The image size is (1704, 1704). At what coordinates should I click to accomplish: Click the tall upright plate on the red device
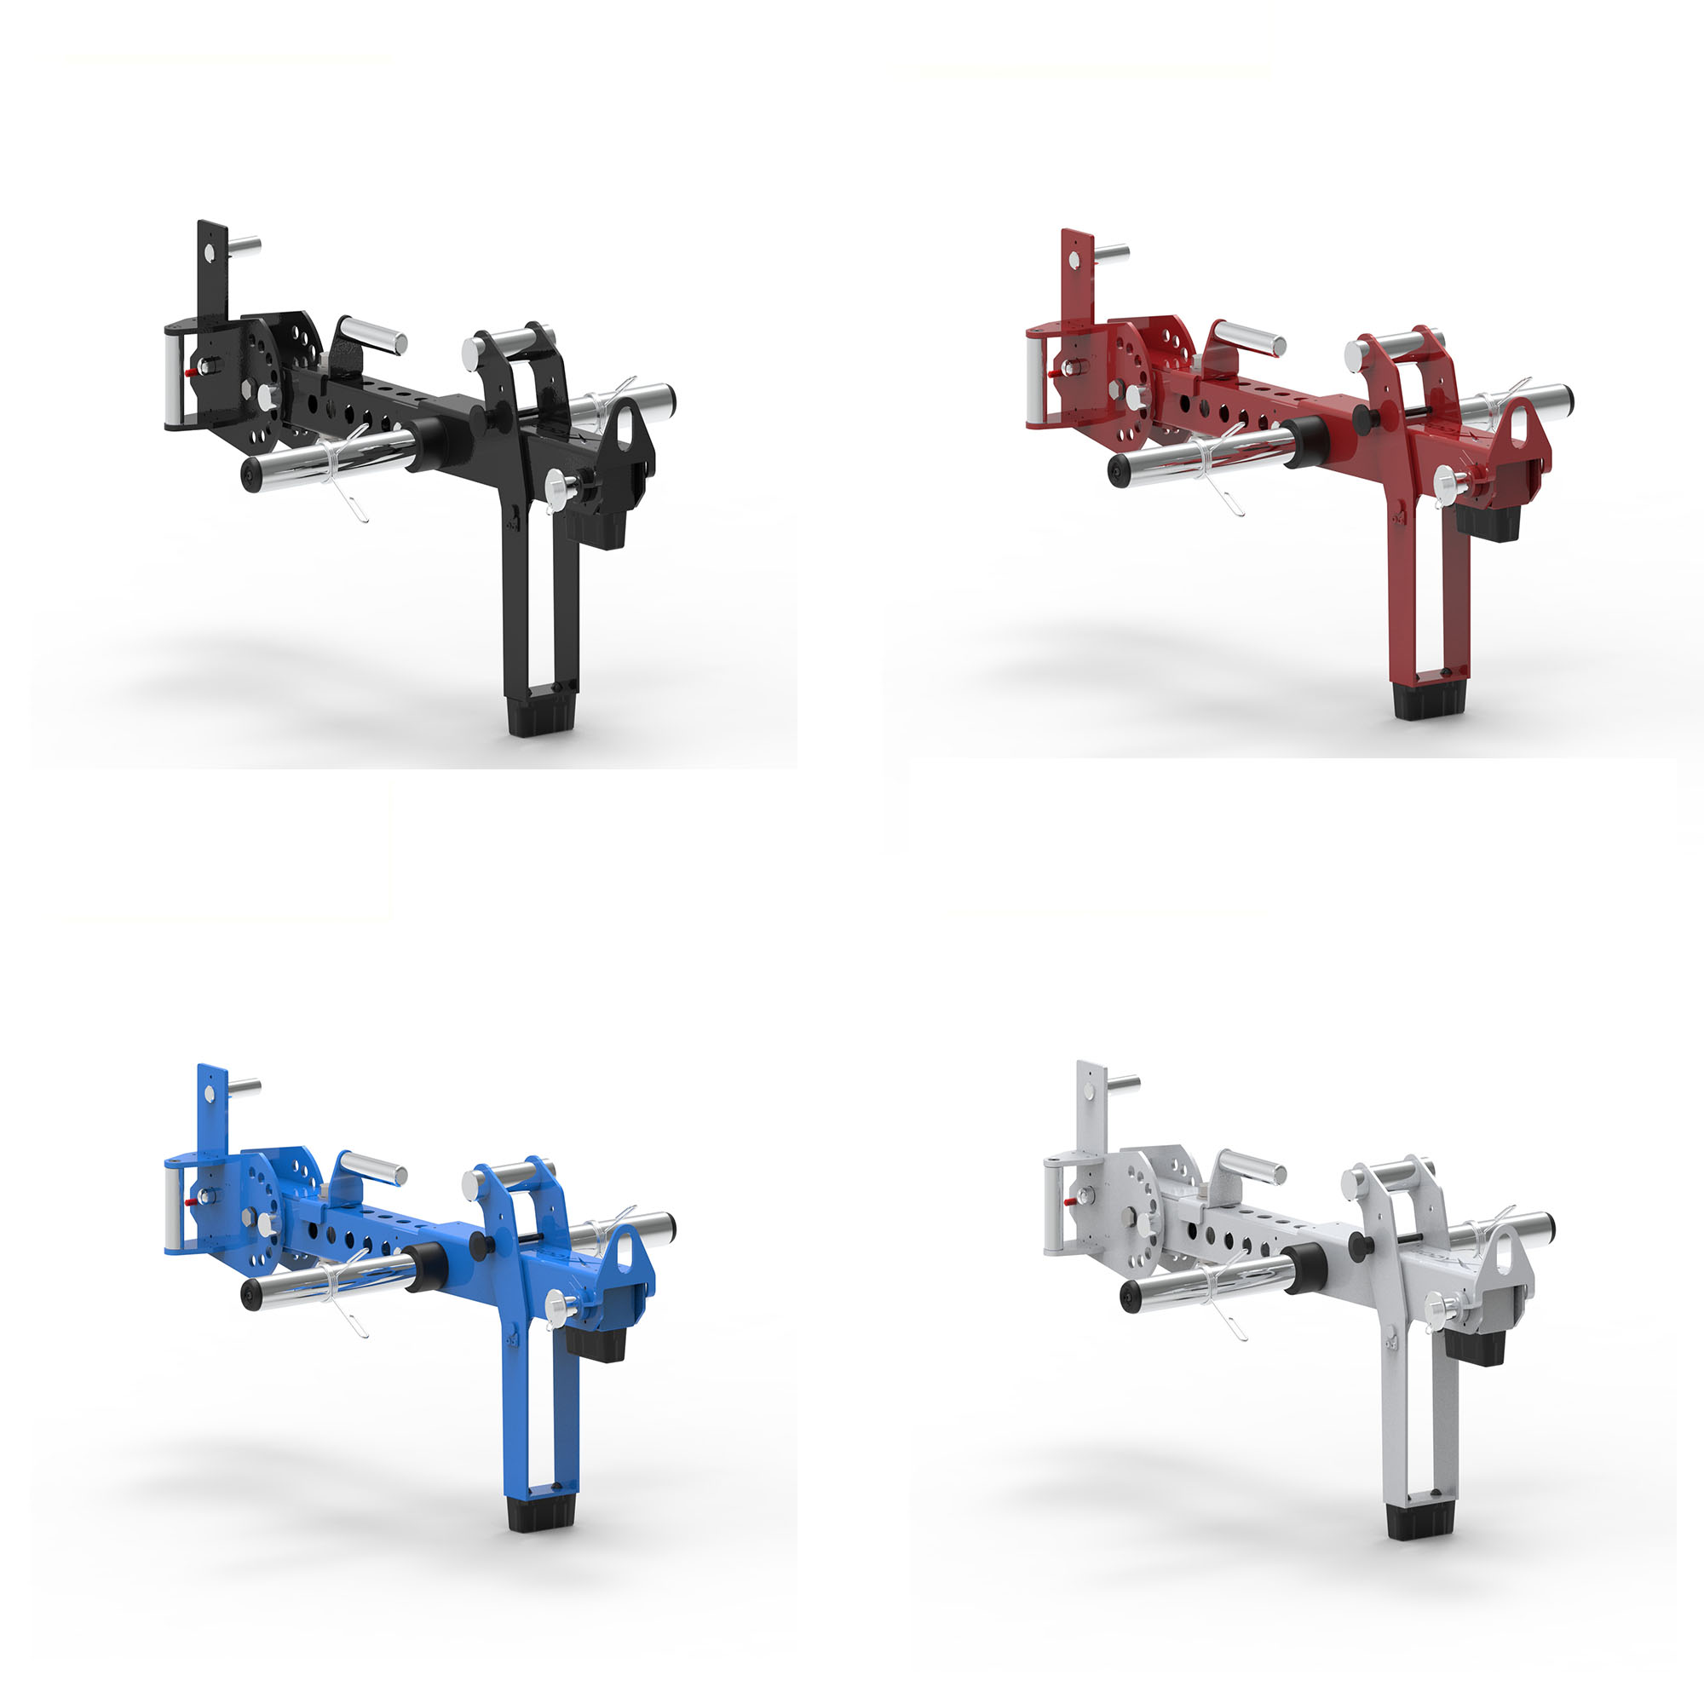click(x=1078, y=273)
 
